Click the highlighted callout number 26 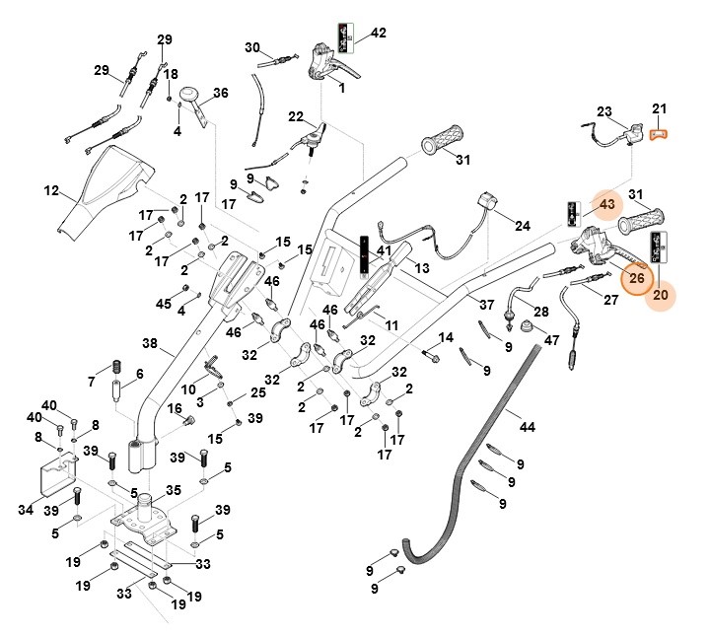pos(637,279)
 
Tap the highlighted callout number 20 pos(661,293)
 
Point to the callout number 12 pos(52,188)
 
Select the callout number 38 pos(150,344)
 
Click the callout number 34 pos(26,509)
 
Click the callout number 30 pos(252,47)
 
